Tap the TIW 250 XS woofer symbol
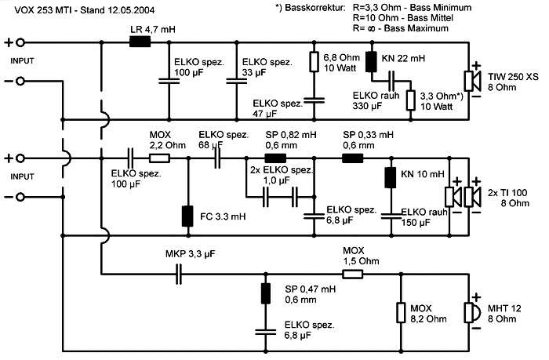pyautogui.click(x=473, y=81)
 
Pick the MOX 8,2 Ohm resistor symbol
pyautogui.click(x=399, y=311)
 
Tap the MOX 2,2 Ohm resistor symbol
pyautogui.click(x=160, y=158)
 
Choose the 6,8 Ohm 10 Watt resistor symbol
pyautogui.click(x=314, y=62)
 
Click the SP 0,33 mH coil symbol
pyautogui.click(x=352, y=158)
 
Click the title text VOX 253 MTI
pyautogui.click(x=34, y=9)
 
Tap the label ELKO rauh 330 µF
pyautogui.click(x=362, y=100)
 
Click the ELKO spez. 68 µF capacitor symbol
pyautogui.click(x=218, y=158)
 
